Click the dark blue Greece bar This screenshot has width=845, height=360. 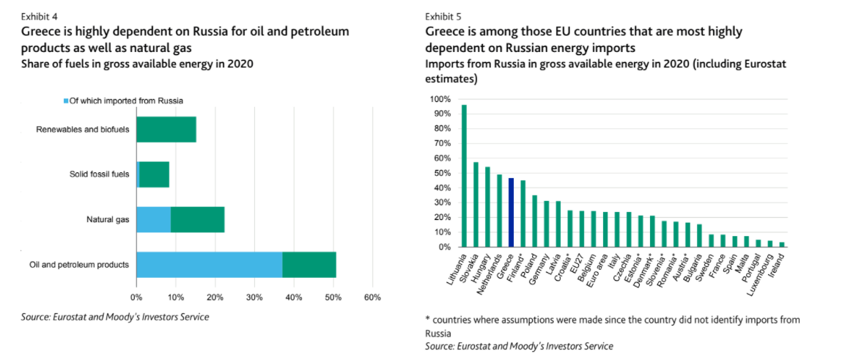click(511, 213)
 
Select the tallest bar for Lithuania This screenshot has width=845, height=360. click(464, 176)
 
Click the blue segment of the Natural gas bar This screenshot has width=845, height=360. click(153, 219)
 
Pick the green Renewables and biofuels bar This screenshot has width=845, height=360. click(166, 130)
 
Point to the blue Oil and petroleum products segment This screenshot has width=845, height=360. click(210, 264)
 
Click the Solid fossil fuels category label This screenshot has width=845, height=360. click(100, 175)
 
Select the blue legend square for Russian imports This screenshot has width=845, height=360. click(66, 100)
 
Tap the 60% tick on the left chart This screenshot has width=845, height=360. click(372, 298)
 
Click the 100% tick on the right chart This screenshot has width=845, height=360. click(440, 99)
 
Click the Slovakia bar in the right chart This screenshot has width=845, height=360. click(476, 205)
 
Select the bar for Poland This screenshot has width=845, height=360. click(534, 221)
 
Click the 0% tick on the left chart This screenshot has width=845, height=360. click(136, 298)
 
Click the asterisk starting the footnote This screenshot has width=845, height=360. click(427, 320)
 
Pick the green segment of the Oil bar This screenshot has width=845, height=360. click(309, 264)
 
